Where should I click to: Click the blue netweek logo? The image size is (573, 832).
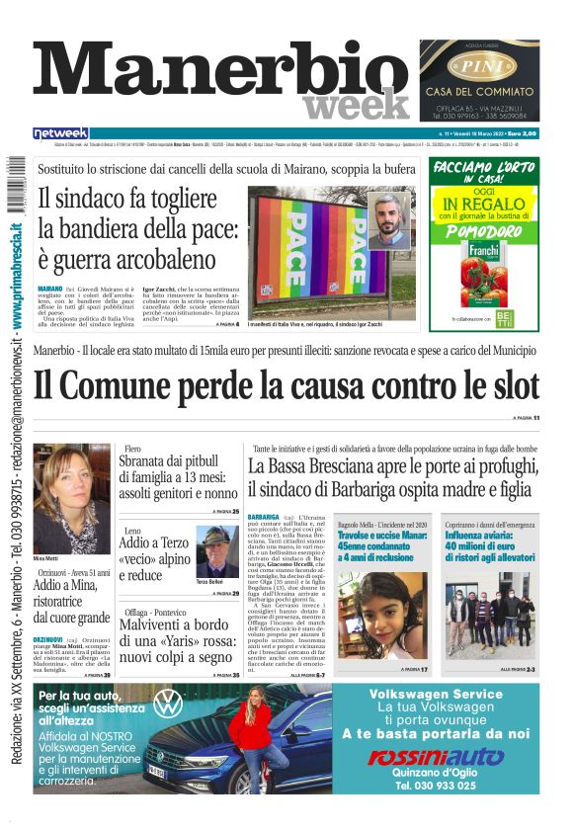60,132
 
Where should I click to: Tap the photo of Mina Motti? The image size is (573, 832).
71,484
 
